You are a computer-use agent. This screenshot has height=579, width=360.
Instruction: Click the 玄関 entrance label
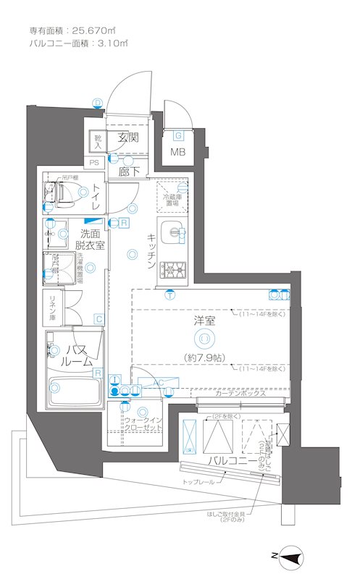click(x=128, y=138)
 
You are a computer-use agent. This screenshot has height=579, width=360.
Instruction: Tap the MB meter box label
click(x=177, y=152)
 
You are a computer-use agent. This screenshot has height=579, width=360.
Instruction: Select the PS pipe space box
click(x=94, y=164)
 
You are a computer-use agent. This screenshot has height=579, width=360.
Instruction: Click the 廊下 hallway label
click(x=130, y=172)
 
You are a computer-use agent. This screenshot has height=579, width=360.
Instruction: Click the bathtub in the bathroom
click(x=72, y=392)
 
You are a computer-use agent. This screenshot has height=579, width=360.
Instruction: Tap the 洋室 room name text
click(x=204, y=321)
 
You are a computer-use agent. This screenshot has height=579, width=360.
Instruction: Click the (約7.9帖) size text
click(x=205, y=357)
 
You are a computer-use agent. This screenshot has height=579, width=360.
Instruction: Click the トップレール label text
click(x=198, y=481)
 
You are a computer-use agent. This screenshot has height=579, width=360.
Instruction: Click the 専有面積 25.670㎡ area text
click(x=72, y=30)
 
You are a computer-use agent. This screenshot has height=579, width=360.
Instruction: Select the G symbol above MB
click(x=178, y=135)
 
